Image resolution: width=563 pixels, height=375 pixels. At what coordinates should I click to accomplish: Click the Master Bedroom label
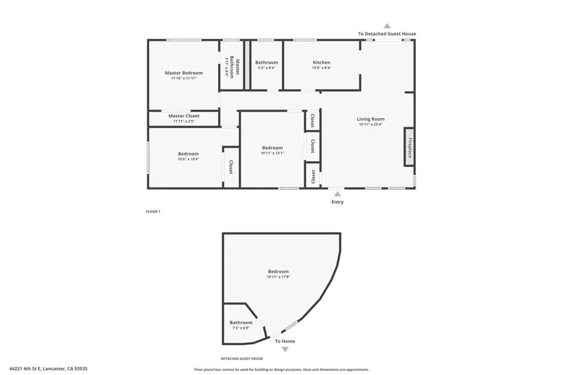point(184,73)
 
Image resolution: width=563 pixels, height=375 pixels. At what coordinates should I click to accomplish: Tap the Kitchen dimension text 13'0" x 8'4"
point(322,68)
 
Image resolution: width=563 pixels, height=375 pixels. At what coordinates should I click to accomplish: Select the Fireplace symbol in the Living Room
point(409,147)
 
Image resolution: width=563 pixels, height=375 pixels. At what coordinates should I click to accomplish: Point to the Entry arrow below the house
point(337,193)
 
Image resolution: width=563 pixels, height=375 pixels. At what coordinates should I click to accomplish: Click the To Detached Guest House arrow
point(387,26)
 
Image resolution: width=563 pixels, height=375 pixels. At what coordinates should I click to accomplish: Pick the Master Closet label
point(184,116)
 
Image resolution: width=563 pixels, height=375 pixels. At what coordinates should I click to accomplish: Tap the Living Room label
point(371,119)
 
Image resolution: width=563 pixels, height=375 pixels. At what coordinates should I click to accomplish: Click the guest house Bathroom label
point(241,323)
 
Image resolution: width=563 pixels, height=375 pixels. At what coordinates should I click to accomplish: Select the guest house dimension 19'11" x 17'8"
point(278,277)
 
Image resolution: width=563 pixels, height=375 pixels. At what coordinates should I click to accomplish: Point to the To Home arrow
point(285,349)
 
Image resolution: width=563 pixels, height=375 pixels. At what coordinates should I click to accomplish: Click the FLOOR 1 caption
point(153,211)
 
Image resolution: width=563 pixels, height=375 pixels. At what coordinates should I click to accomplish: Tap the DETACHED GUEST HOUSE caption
point(242,359)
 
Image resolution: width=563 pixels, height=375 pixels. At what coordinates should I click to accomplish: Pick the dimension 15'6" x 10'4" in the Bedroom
point(188,159)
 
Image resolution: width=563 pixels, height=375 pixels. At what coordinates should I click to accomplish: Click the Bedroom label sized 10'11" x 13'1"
point(272,148)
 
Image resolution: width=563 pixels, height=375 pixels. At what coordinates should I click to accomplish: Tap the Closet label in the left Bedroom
point(231,167)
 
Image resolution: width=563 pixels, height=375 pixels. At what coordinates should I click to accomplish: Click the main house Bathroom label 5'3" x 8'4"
point(267,63)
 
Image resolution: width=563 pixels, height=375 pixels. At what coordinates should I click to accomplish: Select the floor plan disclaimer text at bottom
point(281,370)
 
